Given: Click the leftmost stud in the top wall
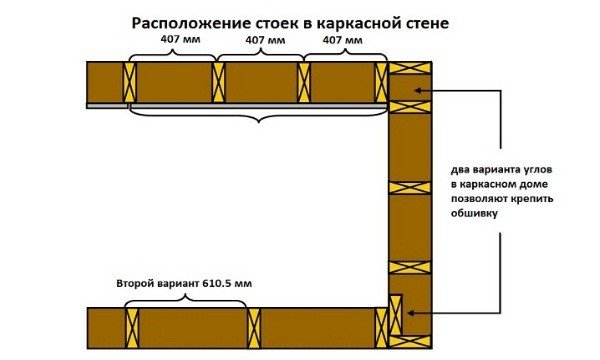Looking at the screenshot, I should pos(128,81).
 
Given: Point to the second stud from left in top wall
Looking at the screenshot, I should pos(217,81).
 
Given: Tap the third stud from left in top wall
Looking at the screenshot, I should pos(304,81).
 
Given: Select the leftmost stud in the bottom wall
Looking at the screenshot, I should pos(131,327).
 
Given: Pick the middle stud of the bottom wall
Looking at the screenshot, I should pos(254,327).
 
